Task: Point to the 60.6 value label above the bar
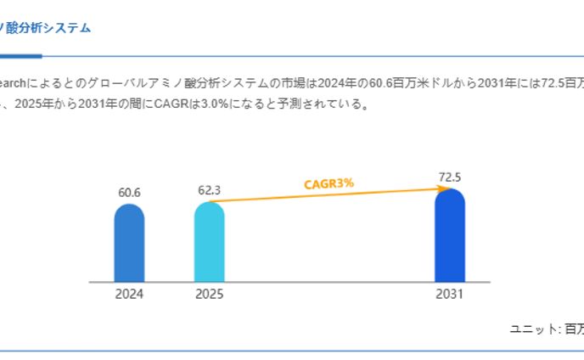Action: click(129, 193)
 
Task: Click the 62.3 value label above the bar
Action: click(209, 190)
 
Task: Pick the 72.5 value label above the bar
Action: click(450, 177)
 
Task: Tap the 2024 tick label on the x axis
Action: click(129, 295)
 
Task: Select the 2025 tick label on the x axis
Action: click(209, 295)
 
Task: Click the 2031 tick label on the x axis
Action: click(450, 295)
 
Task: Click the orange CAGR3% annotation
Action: click(328, 183)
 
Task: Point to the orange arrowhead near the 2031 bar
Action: click(442, 189)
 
